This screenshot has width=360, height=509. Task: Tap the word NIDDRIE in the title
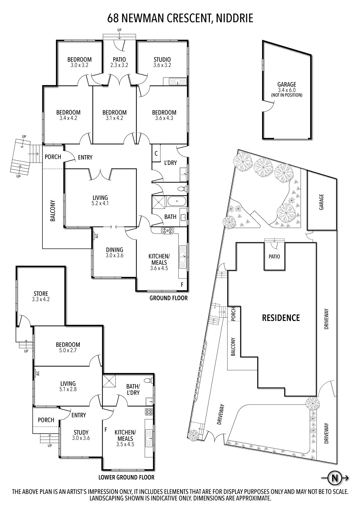point(234,18)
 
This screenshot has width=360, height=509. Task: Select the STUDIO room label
point(162,59)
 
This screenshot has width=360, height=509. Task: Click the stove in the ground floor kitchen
point(167,231)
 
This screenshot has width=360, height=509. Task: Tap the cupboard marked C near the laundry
point(156,153)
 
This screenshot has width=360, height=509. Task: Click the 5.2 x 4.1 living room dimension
point(100,203)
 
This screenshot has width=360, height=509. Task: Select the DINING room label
point(114,250)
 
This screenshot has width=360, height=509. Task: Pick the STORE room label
point(41,294)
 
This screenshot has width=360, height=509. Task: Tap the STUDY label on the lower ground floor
point(81,432)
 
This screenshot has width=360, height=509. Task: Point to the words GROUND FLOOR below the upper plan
point(168,298)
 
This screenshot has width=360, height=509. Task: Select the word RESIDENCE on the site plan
point(281,318)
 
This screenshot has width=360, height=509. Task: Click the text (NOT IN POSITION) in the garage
point(287,95)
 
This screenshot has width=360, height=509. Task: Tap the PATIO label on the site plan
point(274,257)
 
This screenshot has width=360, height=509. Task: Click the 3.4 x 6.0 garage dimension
point(287,90)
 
